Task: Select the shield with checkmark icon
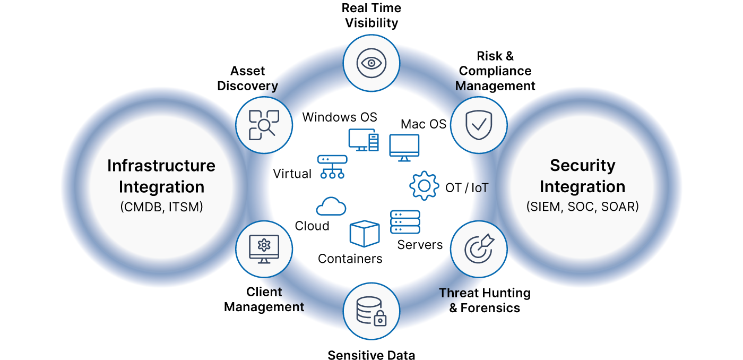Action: click(x=479, y=125)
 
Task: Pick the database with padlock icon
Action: click(x=371, y=311)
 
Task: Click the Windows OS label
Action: click(x=340, y=117)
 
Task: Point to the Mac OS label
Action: click(x=424, y=124)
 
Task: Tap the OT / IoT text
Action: click(x=467, y=188)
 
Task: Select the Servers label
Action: click(x=420, y=245)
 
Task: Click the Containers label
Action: click(x=350, y=259)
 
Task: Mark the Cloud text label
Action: click(x=312, y=226)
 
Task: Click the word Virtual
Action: click(x=292, y=174)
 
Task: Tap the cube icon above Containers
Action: click(x=365, y=234)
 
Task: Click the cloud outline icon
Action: click(x=331, y=206)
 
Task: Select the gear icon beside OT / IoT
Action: click(x=424, y=186)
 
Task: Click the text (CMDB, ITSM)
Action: click(x=161, y=207)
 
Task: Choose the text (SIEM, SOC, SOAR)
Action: click(x=582, y=207)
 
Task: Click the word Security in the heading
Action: click(x=582, y=166)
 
